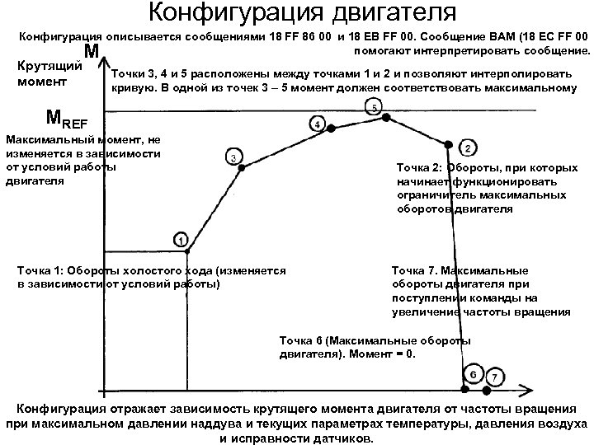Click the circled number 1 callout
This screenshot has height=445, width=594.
pyautogui.click(x=180, y=239)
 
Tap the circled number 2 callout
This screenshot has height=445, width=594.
pyautogui.click(x=467, y=148)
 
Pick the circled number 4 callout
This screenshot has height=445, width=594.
pyautogui.click(x=317, y=124)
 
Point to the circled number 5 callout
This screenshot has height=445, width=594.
pyautogui.click(x=374, y=107)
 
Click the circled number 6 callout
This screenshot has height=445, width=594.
pyautogui.click(x=473, y=374)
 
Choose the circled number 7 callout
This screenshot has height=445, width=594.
pyautogui.click(x=494, y=377)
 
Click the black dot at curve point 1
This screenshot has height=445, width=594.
pyautogui.click(x=187, y=251)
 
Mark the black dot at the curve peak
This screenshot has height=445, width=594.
pyautogui.click(x=385, y=118)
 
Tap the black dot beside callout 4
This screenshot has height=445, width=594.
pyautogui.click(x=331, y=129)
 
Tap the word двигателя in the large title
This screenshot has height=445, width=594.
pyautogui.click(x=389, y=13)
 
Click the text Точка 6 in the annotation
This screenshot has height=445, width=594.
pyautogui.click(x=302, y=340)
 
